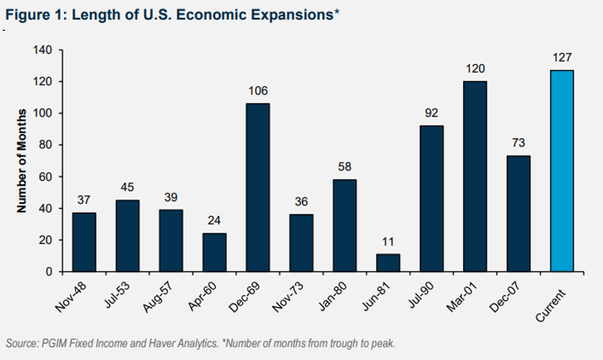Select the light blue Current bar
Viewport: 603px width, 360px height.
(x=562, y=171)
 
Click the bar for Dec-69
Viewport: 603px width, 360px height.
(x=258, y=187)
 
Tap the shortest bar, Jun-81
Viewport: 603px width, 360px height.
(x=388, y=262)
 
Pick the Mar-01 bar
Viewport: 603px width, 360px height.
(x=475, y=177)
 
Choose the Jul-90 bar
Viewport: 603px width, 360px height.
(x=432, y=198)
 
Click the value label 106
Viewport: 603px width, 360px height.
(x=258, y=91)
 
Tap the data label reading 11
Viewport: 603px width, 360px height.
(x=388, y=241)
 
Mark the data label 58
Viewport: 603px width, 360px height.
(x=344, y=167)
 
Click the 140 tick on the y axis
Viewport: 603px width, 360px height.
(x=44, y=50)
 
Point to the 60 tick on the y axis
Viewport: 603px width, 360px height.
(x=46, y=177)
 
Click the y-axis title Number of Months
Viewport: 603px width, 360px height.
(x=22, y=160)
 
